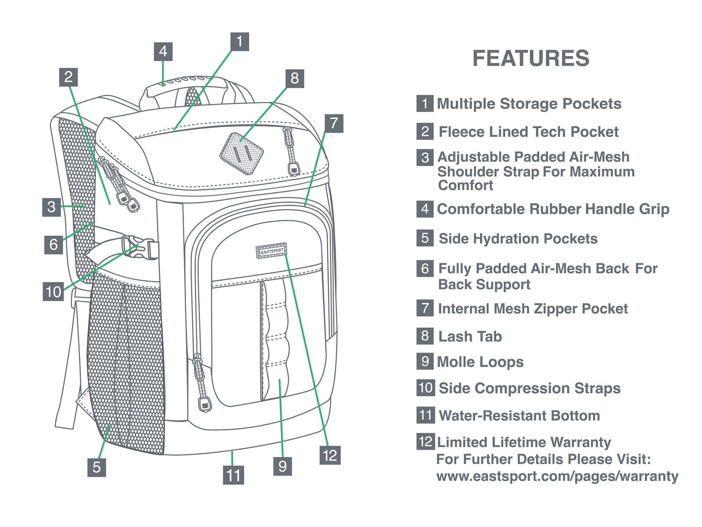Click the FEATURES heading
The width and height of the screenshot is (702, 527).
(x=530, y=58)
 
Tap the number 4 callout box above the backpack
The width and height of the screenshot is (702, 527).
(x=163, y=51)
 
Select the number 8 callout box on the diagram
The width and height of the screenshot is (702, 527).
(x=294, y=79)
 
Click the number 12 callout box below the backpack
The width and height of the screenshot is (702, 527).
(x=330, y=455)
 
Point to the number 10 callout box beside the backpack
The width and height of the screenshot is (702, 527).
(x=54, y=292)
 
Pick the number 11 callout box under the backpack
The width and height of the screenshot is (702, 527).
(x=233, y=475)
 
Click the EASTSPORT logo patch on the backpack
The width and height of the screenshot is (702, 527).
(x=271, y=251)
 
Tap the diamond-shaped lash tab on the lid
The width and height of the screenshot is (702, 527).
(x=241, y=154)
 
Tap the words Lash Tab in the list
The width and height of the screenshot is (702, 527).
(x=470, y=336)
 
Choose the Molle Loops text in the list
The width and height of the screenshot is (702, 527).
(x=480, y=362)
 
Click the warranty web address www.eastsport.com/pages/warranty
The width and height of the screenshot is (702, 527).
(x=557, y=476)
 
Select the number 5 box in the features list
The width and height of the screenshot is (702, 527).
(x=425, y=238)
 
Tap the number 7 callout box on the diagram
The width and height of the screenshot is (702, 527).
(x=334, y=123)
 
